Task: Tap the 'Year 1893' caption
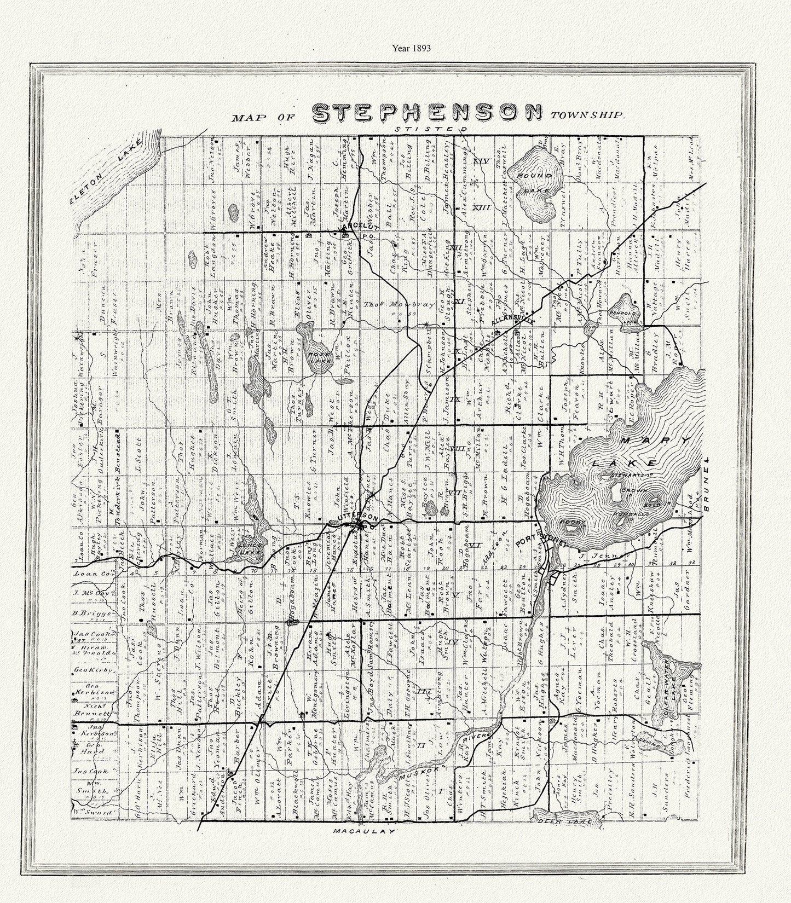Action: tap(411, 48)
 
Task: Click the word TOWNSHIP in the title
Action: tap(587, 115)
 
